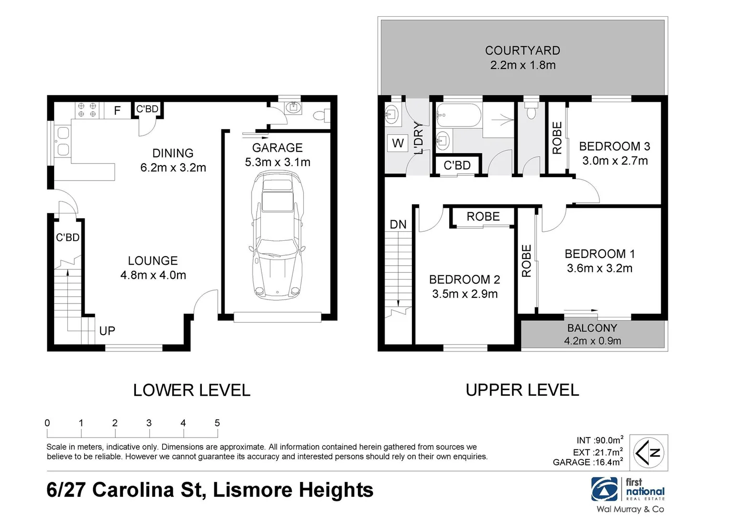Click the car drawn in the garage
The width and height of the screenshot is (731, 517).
(277, 235)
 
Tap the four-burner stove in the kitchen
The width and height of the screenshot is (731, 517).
(87, 110)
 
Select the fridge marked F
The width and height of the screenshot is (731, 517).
(117, 111)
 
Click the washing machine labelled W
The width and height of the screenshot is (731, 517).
(398, 143)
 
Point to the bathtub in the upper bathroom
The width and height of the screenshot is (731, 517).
(458, 115)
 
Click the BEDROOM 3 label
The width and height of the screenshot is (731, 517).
(614, 146)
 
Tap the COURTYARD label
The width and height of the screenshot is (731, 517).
(522, 51)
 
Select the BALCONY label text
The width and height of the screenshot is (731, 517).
(592, 327)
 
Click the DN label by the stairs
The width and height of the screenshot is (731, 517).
(398, 225)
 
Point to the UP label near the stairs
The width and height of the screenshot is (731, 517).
(107, 331)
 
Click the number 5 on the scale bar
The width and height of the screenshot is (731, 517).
(217, 423)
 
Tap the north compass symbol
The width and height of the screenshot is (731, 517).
(648, 453)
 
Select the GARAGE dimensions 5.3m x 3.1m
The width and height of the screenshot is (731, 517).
(277, 162)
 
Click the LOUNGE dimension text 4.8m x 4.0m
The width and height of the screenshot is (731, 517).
(153, 275)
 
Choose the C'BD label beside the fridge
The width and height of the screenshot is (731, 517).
(147, 109)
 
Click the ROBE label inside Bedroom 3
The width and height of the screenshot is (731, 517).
(557, 138)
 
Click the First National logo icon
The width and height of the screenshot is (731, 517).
(604, 489)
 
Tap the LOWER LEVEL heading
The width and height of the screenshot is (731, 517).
(191, 390)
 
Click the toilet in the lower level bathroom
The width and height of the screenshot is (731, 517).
(321, 115)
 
